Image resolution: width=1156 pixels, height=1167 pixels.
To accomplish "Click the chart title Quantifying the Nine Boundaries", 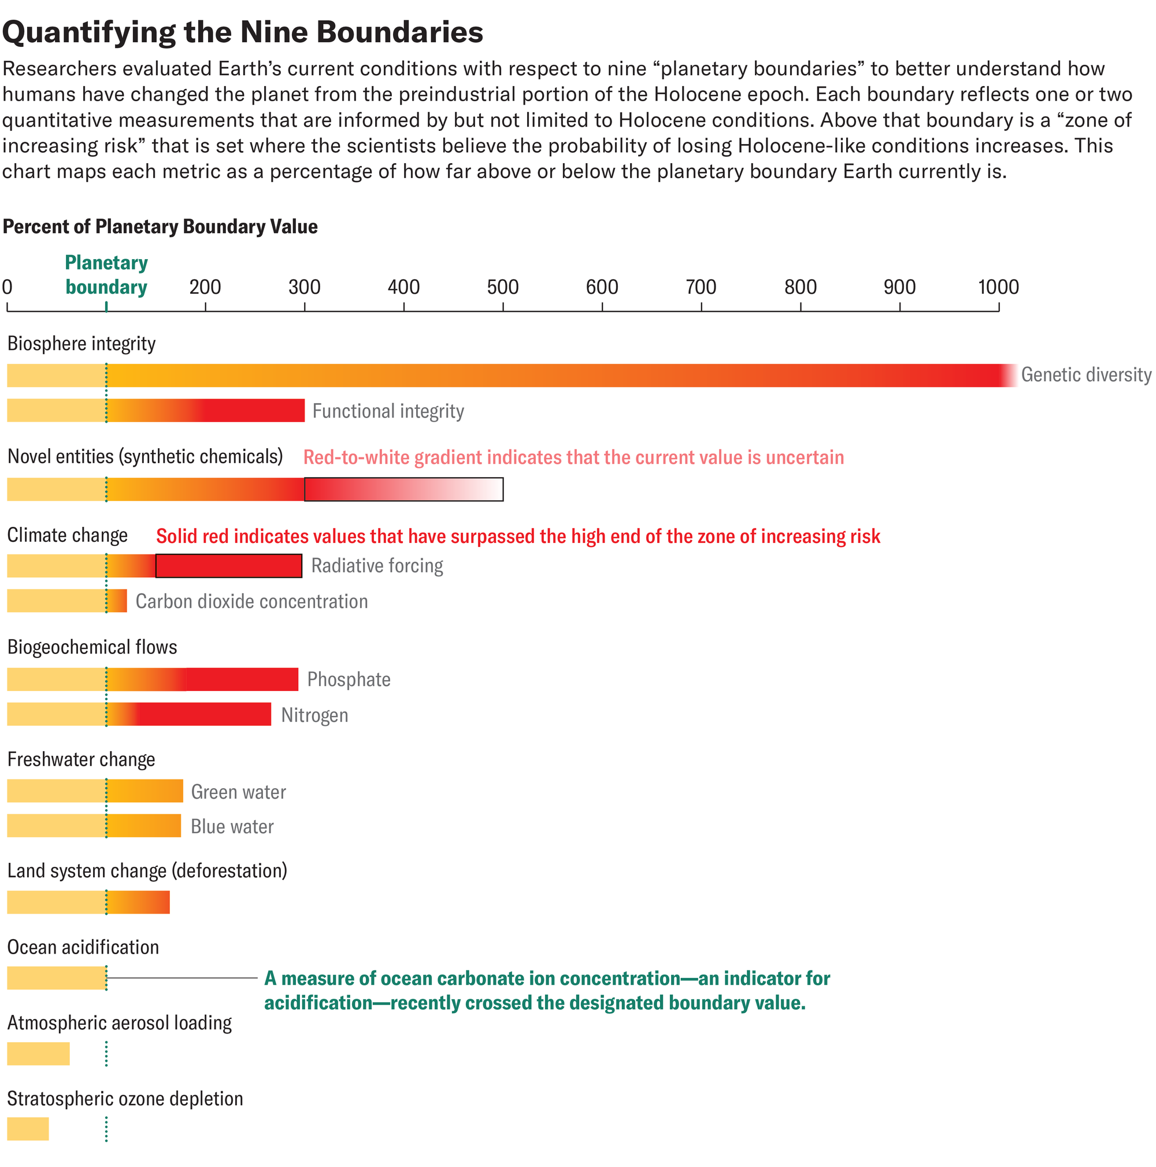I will (243, 32).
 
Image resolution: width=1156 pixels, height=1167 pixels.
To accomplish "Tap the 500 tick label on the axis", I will (502, 287).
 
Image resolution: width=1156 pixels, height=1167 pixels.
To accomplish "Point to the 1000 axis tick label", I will (998, 287).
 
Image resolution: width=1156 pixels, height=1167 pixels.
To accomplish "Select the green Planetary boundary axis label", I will (106, 275).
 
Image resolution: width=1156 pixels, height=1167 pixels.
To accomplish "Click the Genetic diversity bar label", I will (1085, 375).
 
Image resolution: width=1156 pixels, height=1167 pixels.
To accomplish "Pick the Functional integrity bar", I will (155, 411).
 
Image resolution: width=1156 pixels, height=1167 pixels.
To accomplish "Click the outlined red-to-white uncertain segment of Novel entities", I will (403, 489).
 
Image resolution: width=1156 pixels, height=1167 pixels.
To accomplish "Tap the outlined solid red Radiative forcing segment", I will (228, 566).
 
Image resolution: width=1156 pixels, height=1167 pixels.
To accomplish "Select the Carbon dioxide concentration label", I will (251, 601).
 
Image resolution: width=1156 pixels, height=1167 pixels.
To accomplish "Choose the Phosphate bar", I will (152, 679).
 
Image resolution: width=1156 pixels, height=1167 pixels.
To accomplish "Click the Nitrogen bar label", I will (314, 715).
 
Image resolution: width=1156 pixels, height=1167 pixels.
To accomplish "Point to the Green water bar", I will (95, 791).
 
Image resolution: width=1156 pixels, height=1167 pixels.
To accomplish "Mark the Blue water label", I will (232, 826).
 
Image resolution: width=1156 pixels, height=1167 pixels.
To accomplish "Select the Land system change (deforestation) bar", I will (88, 903).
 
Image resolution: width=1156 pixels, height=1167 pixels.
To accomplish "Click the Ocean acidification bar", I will (57, 978).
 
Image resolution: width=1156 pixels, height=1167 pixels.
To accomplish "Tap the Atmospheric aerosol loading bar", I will (38, 1054).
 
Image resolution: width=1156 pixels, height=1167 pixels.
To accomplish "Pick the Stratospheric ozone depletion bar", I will (28, 1129).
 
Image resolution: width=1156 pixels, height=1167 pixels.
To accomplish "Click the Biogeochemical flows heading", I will (92, 648).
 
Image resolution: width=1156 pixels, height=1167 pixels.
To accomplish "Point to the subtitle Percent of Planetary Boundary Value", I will (160, 227).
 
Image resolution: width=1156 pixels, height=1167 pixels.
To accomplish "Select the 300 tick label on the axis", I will (304, 287).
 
